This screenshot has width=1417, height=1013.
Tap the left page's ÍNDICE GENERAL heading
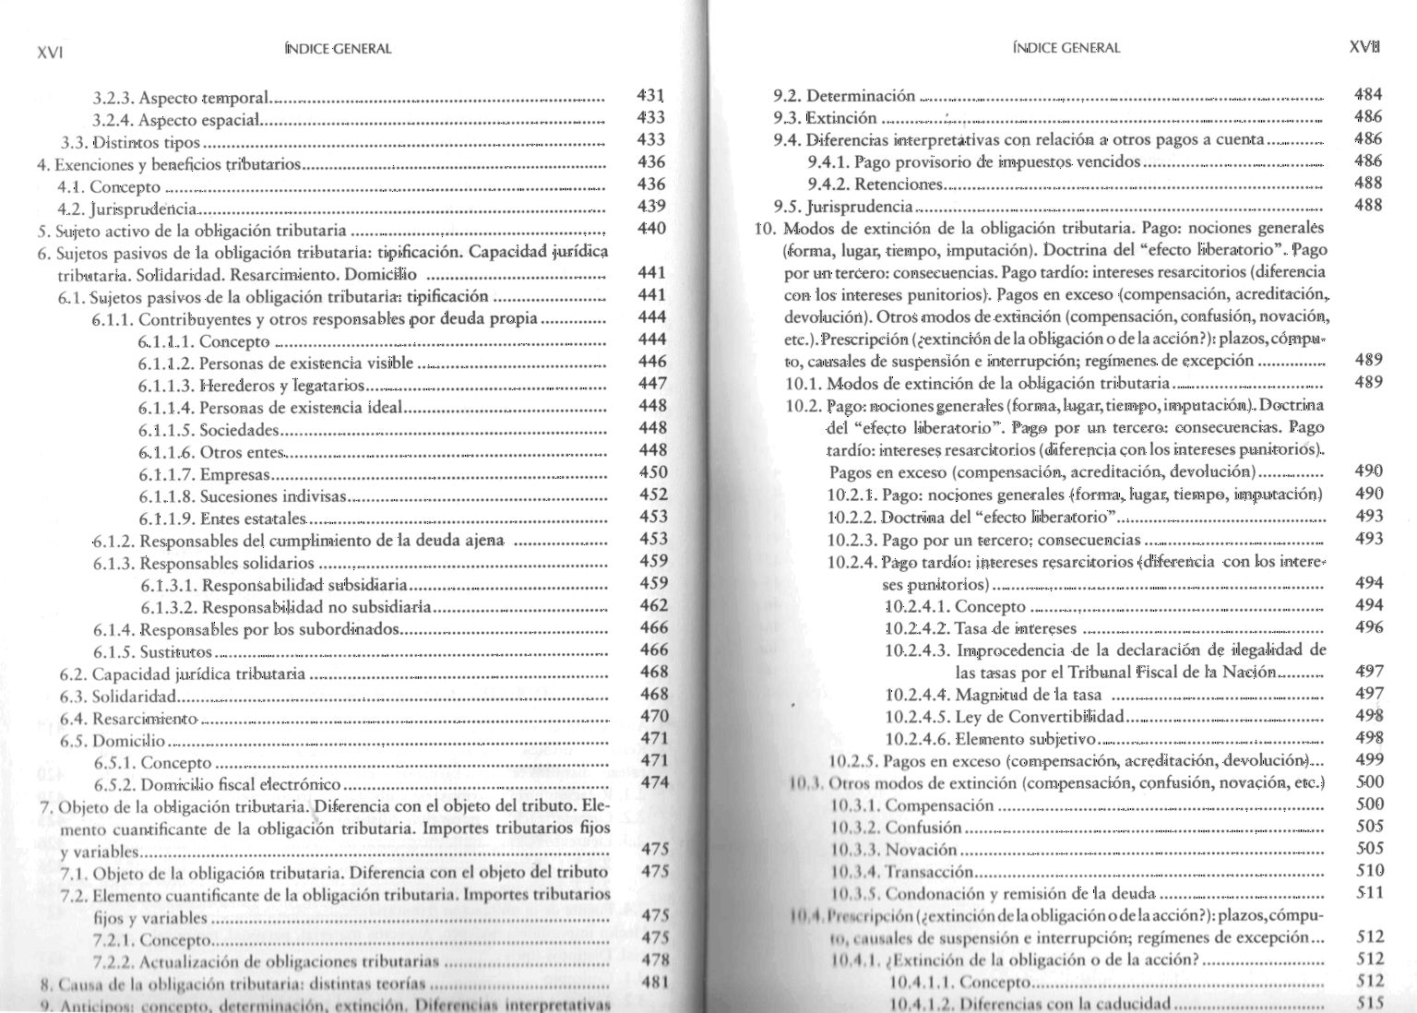pos(339,49)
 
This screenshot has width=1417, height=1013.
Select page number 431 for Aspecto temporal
pos(651,95)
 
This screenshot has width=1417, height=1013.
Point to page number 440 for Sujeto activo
pos(651,228)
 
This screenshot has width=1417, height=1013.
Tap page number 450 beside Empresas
pos(652,472)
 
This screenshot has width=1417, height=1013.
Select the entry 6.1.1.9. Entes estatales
pos(221,518)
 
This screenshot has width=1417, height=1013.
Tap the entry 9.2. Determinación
pos(844,96)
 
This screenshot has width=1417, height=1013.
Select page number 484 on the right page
pos(1368,94)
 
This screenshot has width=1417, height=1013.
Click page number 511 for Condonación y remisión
pos(1370,892)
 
